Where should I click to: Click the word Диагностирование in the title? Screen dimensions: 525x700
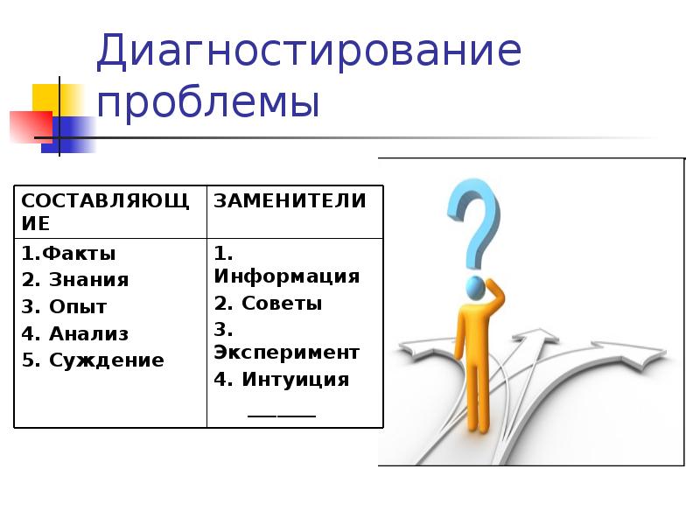tap(309, 54)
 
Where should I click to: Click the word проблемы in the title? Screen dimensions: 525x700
tap(208, 104)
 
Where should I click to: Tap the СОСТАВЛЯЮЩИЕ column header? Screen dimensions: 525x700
tap(105, 212)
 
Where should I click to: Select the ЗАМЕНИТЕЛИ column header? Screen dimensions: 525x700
tap(290, 201)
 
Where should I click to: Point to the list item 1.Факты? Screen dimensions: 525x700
tap(69, 254)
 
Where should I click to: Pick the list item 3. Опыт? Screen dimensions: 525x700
tap(65, 307)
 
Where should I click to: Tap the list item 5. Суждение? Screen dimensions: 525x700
tap(93, 360)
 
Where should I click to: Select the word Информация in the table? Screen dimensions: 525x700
tap(287, 276)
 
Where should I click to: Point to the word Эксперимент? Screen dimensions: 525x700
tap(287, 353)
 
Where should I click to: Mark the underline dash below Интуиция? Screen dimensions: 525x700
tap(282, 413)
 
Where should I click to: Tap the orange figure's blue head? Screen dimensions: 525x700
tap(475, 287)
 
